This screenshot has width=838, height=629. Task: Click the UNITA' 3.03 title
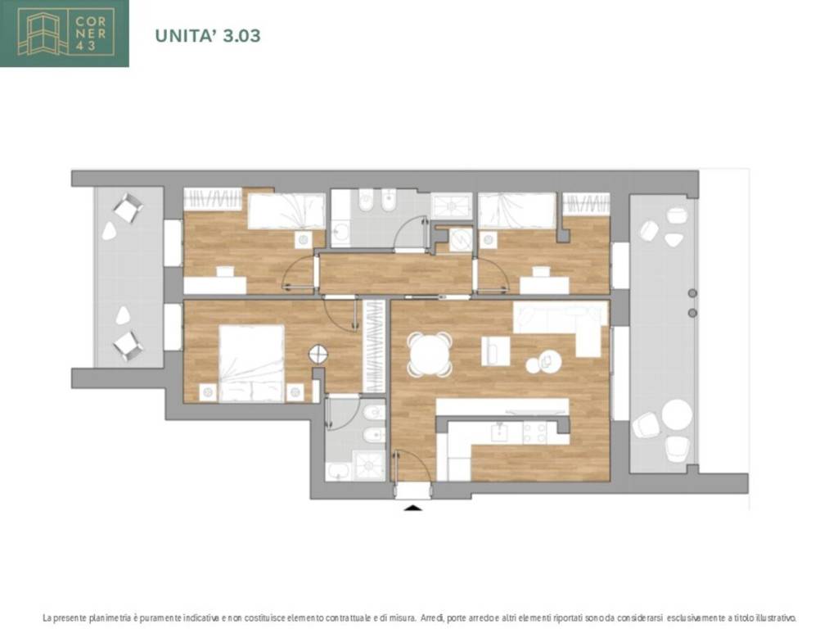207,35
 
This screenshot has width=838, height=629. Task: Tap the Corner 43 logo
64,33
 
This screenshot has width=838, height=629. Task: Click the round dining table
429,354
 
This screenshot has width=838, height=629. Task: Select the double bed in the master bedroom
251,363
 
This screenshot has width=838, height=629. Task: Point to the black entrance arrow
412,507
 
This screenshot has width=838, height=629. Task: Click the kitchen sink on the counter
500,432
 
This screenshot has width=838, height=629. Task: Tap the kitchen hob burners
534,432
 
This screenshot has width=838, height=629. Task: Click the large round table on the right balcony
677,414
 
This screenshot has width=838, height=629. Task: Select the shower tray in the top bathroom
452,206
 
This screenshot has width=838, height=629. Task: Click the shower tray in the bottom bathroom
370,465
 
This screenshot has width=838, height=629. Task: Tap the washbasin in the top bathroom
340,233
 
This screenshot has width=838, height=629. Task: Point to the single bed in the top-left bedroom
286,211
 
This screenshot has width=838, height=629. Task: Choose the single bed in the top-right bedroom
517,210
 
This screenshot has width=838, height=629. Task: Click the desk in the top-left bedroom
215,284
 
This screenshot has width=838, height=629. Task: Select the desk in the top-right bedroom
544,285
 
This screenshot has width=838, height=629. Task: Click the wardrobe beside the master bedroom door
374,346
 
